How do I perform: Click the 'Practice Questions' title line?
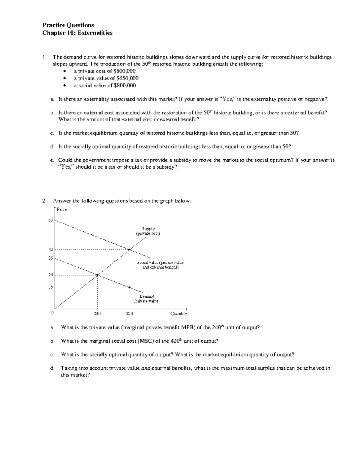[68, 25]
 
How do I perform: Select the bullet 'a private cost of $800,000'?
[105, 71]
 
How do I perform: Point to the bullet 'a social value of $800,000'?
[105, 86]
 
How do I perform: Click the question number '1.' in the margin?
[44, 57]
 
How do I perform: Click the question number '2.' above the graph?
[44, 201]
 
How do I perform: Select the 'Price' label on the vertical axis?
[62, 210]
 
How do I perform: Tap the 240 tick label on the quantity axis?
[97, 314]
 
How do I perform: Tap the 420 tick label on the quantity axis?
[129, 314]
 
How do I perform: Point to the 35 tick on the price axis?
[50, 258]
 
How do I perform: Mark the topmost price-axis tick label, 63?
[50, 221]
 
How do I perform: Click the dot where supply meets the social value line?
[129, 249]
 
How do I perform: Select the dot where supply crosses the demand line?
[97, 275]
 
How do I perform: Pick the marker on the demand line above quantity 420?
[129, 287]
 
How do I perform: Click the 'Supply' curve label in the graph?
[148, 229]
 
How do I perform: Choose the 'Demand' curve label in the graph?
[147, 296]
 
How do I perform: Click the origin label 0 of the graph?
[52, 313]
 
